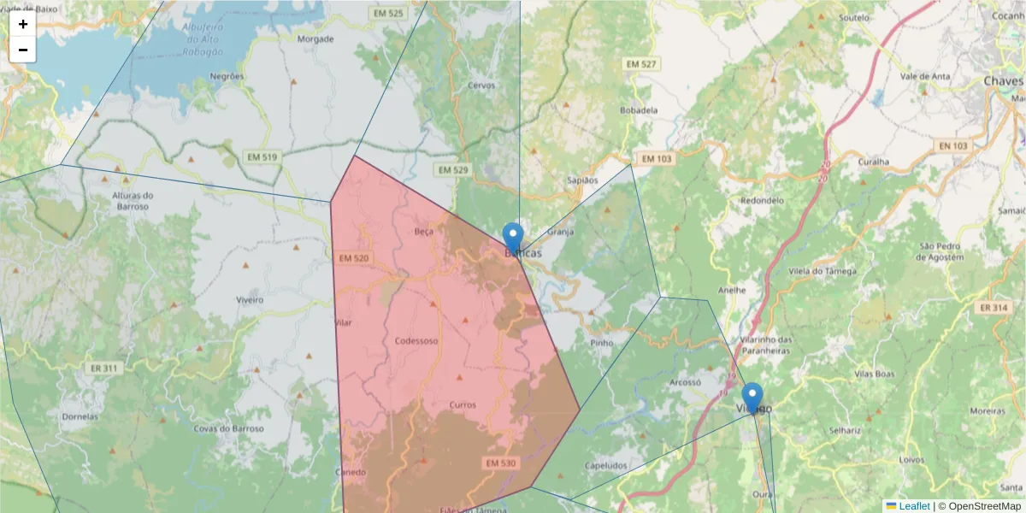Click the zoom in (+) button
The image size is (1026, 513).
tap(23, 24)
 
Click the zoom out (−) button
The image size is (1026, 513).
tap(23, 50)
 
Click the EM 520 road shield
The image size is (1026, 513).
tap(353, 258)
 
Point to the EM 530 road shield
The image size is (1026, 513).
tap(501, 463)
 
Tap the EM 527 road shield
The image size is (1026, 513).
tap(640, 64)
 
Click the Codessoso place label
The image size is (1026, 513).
tap(416, 341)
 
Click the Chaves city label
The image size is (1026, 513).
tap(1003, 80)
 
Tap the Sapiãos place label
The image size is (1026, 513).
tap(582, 180)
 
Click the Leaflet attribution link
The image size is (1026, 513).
tap(913, 506)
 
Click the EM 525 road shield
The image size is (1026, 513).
tap(388, 14)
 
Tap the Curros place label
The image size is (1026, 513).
tap(462, 404)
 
